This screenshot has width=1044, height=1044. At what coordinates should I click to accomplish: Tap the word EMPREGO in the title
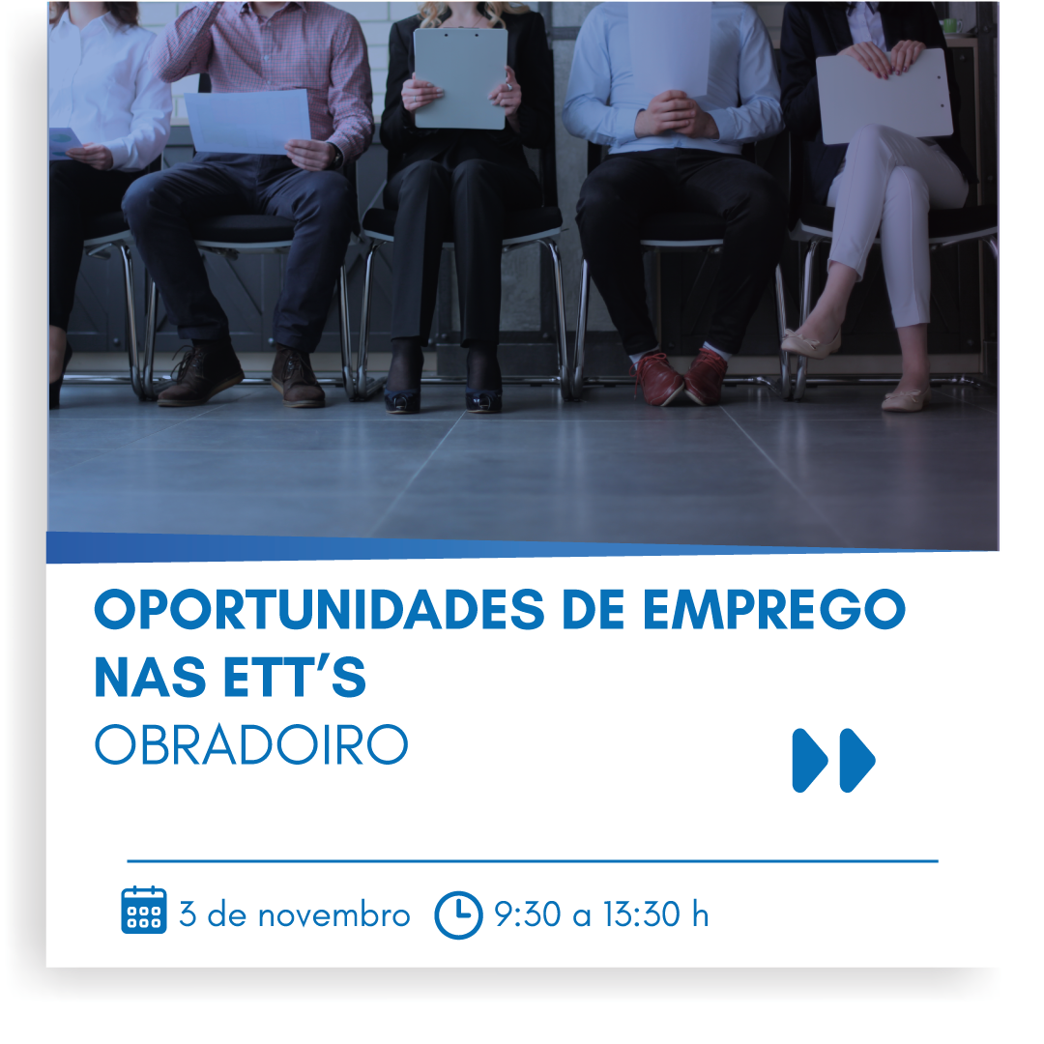point(774,609)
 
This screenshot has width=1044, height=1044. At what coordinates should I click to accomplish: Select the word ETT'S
point(294,677)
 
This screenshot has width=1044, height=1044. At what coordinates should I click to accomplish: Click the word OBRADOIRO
point(251,744)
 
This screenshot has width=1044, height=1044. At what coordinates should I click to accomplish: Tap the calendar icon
point(144,911)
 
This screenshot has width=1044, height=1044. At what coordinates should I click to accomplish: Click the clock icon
point(458,914)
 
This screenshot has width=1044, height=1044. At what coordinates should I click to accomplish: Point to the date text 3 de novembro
point(294,914)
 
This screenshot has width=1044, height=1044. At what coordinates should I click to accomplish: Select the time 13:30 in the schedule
point(642,914)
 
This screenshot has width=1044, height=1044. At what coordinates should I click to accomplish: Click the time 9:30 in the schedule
point(528,914)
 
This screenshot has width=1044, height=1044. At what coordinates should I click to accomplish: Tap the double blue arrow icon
point(833,761)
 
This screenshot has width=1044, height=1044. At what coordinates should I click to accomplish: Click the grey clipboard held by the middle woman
point(460,78)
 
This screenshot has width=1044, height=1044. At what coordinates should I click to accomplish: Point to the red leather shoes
point(680,378)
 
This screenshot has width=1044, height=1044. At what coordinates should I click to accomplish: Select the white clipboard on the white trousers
point(884,96)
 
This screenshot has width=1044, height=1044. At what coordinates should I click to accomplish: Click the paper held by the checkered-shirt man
point(248,122)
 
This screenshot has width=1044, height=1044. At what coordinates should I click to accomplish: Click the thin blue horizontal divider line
point(533,861)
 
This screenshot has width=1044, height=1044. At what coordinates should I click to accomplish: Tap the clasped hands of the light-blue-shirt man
point(674,114)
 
